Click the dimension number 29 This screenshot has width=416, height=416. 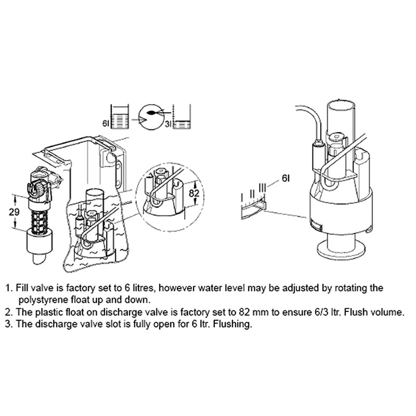14,212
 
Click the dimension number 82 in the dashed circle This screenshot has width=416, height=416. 194,193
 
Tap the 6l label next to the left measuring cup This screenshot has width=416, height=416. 106,124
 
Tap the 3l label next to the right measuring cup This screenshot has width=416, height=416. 168,124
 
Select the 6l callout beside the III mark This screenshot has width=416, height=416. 285,178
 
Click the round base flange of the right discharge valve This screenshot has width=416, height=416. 341,251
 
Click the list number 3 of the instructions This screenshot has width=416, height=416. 8,324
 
